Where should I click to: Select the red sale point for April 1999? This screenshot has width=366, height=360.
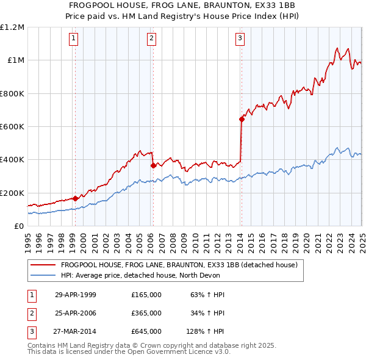coord(75,198)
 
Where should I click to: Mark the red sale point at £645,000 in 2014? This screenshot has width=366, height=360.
coord(242,119)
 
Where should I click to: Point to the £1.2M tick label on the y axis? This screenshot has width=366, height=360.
coord(12,27)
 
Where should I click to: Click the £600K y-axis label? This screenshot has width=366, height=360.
coord(12,127)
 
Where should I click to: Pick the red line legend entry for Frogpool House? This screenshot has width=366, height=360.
coord(179,265)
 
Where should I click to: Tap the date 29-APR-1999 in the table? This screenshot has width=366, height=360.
coord(76,295)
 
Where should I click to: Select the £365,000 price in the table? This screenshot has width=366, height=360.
coord(146,313)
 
